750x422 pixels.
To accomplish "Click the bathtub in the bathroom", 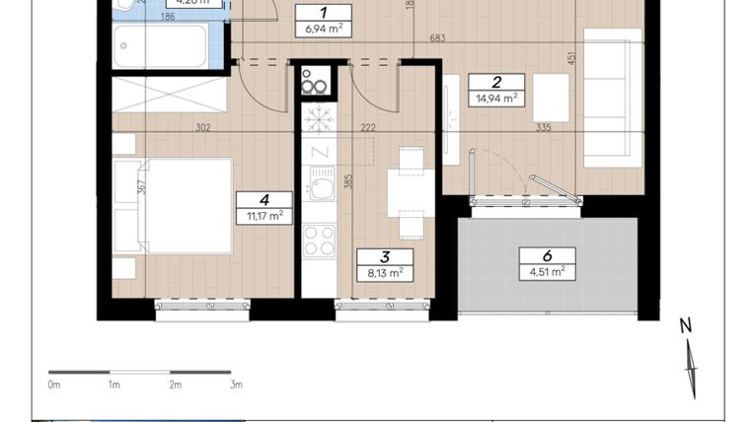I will coord(160,46).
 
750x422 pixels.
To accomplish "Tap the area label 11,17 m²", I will coord(264,215).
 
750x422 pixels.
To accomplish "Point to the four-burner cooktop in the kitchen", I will coord(319,240).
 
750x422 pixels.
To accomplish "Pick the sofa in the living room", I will coord(606,98).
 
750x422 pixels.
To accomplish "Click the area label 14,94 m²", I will coord(495,98).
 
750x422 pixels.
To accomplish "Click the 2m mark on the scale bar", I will coord(175,385).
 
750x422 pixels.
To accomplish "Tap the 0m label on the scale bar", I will coord(54,385).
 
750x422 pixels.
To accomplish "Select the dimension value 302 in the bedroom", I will coord(202,127).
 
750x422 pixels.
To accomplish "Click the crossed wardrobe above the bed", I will coord(170,95).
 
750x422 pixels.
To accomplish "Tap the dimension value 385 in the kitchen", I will coord(348,180).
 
